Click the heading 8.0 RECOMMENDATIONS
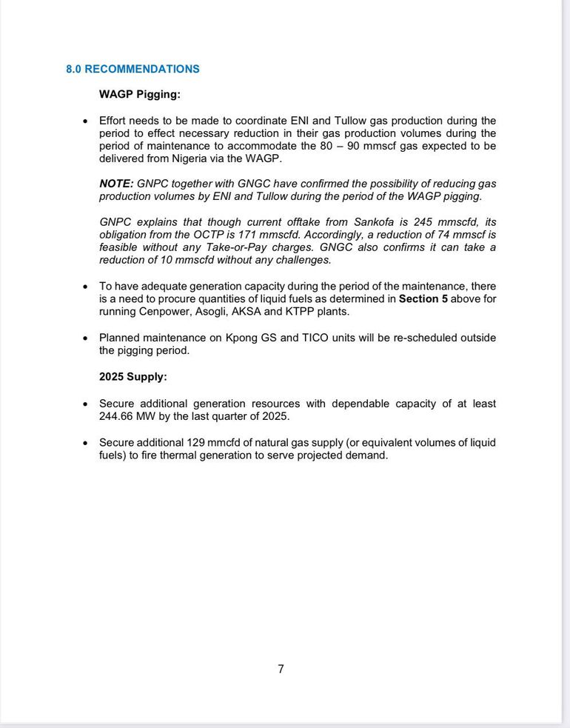pyautogui.click(x=133, y=69)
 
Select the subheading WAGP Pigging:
pyautogui.click(x=139, y=94)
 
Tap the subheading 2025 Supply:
pyautogui.click(x=133, y=376)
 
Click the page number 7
pyautogui.click(x=281, y=669)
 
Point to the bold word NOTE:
pyautogui.click(x=116, y=184)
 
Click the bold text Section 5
pyautogui.click(x=423, y=299)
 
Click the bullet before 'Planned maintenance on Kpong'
pyautogui.click(x=84, y=338)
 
